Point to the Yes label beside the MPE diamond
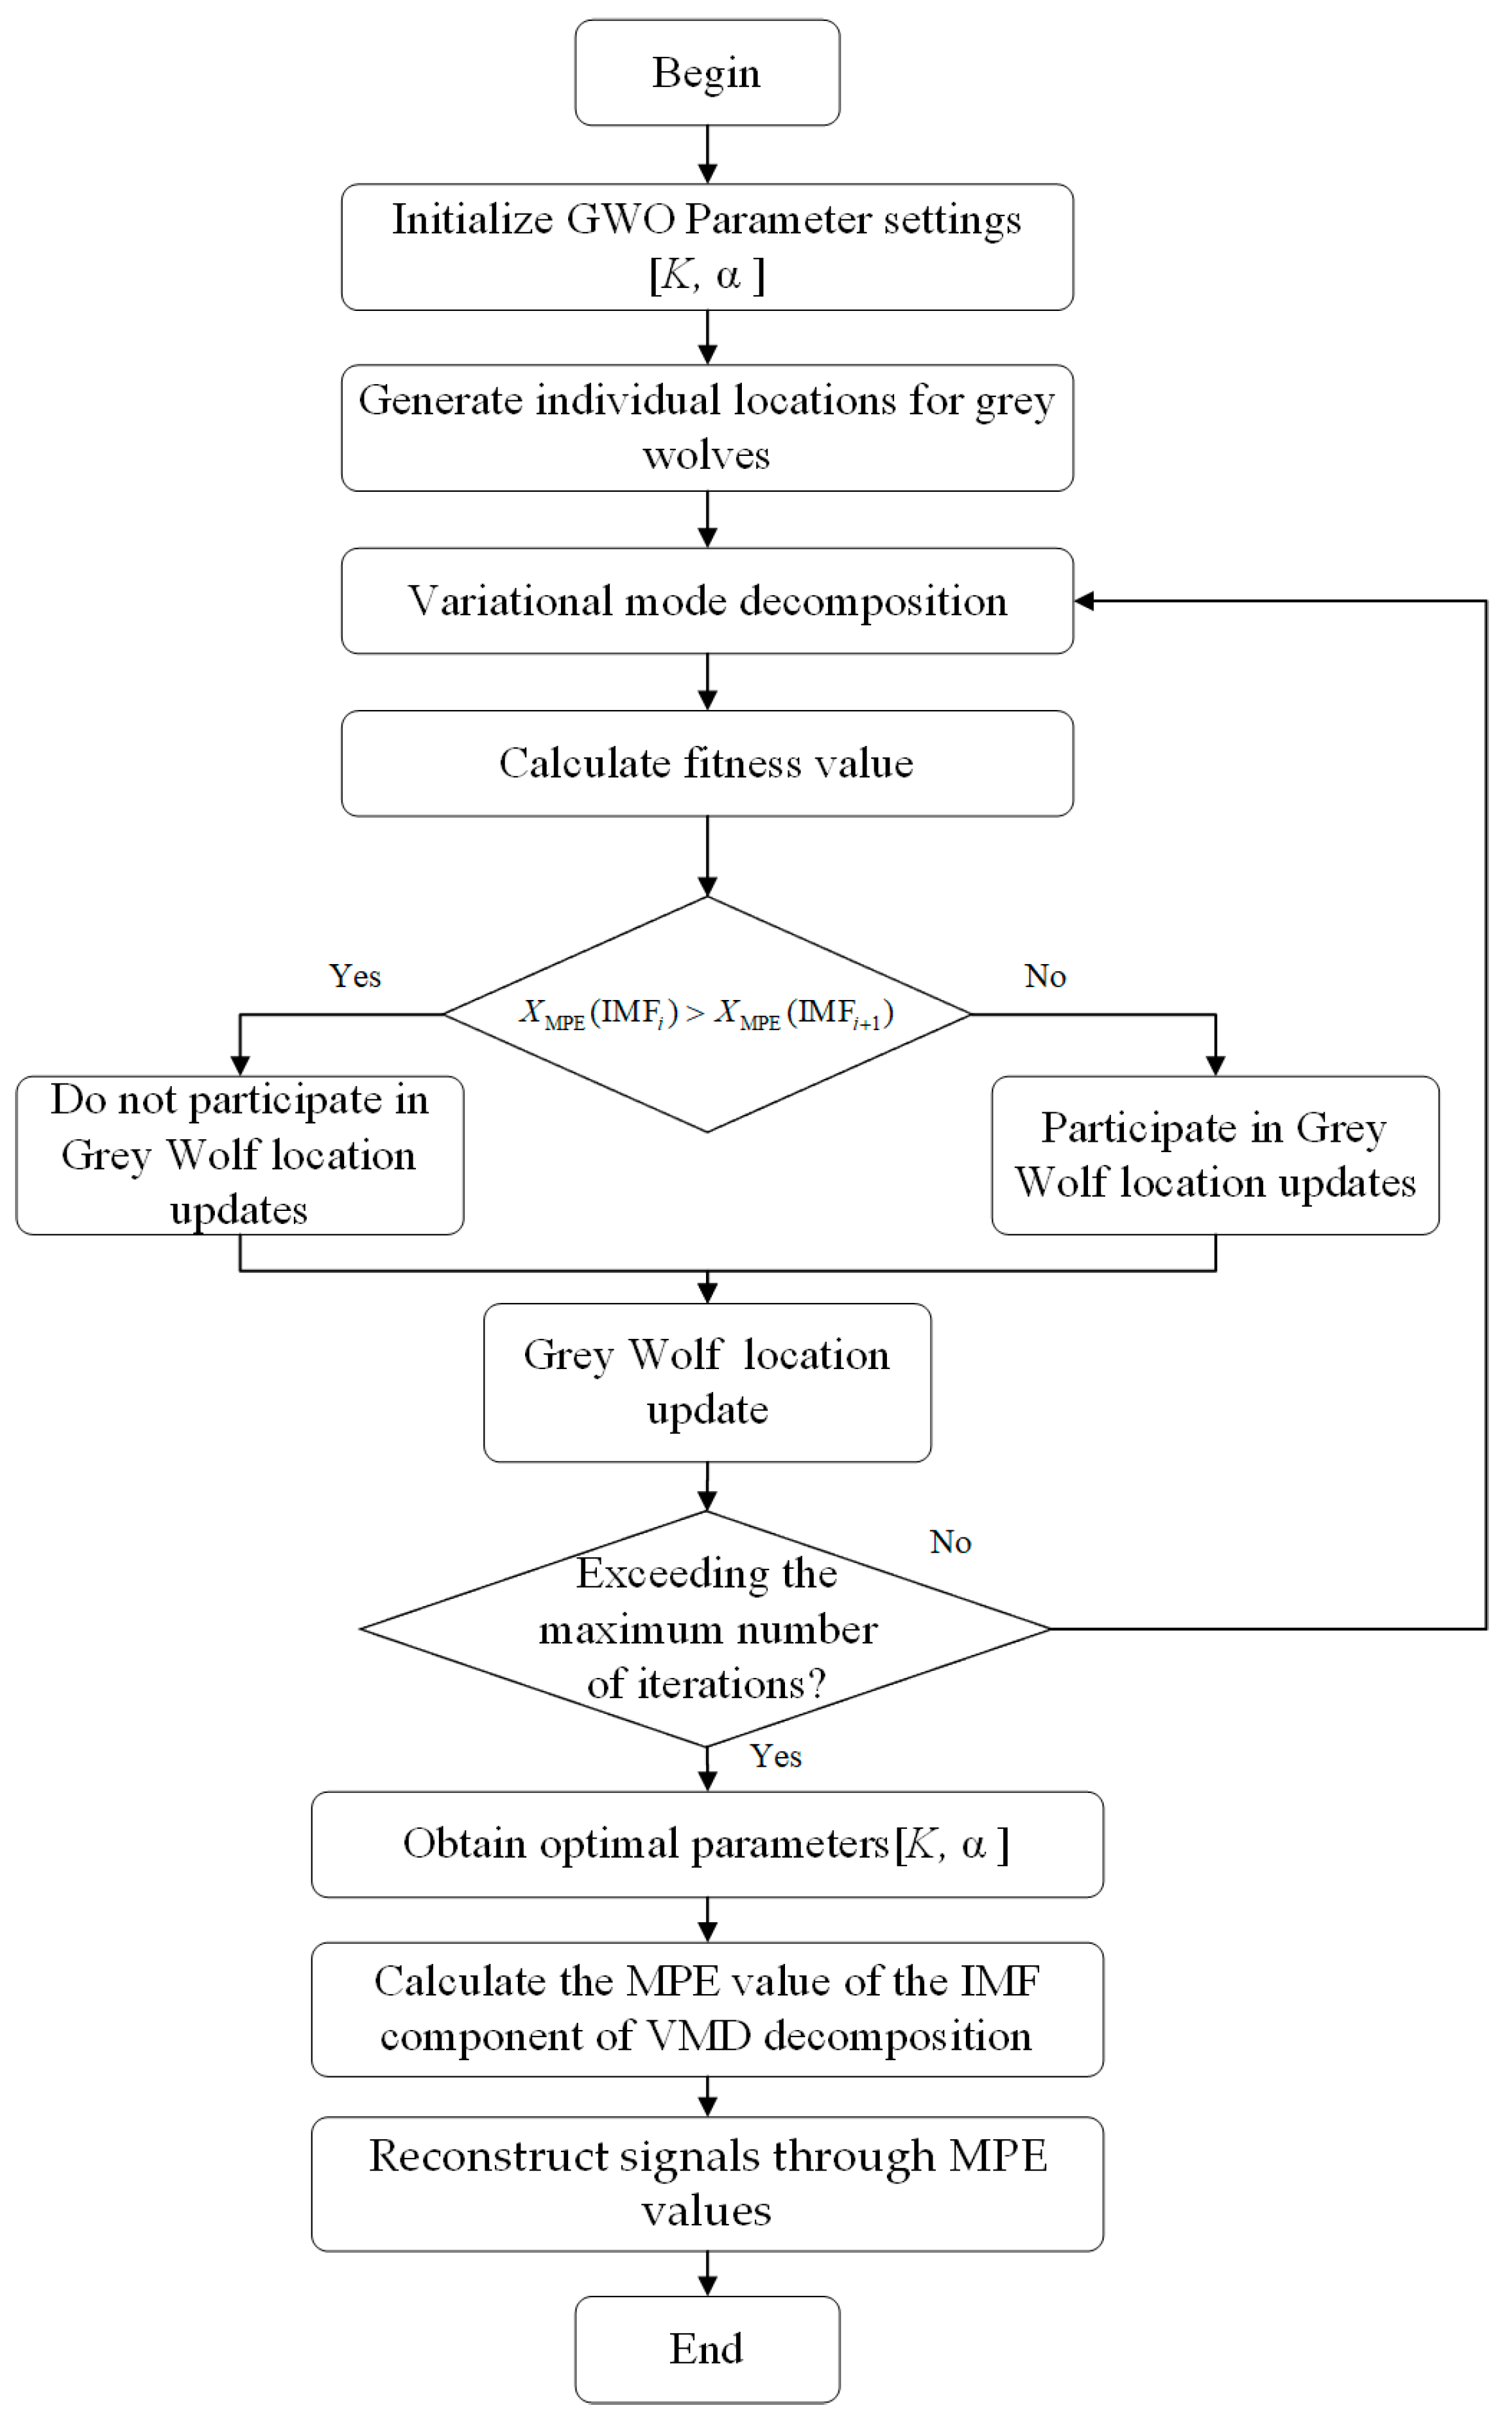pyautogui.click(x=355, y=976)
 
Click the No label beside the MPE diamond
pyautogui.click(x=1045, y=976)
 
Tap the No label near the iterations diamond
pyautogui.click(x=950, y=1541)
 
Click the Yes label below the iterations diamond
pyautogui.click(x=775, y=1756)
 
